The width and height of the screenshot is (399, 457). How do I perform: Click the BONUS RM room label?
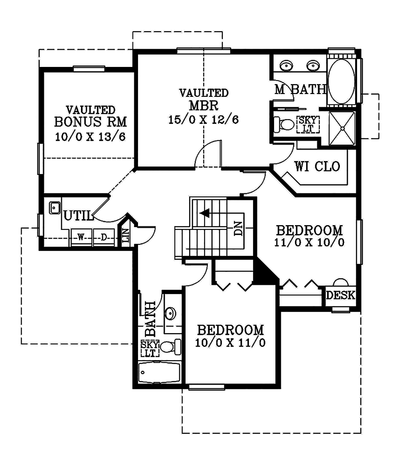click(91, 122)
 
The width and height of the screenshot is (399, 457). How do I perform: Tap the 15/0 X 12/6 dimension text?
click(204, 120)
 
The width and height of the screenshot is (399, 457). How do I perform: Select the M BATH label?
click(300, 89)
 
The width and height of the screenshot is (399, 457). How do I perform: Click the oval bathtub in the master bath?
click(341, 81)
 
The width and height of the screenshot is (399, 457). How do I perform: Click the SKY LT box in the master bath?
click(308, 124)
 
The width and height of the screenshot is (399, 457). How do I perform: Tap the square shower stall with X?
click(342, 128)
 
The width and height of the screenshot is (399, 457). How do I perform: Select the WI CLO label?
click(317, 167)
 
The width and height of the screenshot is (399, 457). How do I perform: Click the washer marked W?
click(81, 237)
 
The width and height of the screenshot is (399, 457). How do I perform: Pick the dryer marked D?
click(104, 237)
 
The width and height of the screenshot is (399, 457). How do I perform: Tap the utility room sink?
click(55, 208)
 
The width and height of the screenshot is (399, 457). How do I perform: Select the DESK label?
click(341, 295)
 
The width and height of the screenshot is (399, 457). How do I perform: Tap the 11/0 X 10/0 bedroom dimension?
click(309, 242)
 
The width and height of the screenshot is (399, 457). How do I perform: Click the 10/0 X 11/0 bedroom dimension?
click(230, 343)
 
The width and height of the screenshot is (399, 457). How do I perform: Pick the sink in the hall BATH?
click(170, 313)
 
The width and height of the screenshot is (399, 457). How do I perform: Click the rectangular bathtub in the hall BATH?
click(159, 373)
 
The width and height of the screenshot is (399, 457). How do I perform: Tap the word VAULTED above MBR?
click(204, 93)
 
